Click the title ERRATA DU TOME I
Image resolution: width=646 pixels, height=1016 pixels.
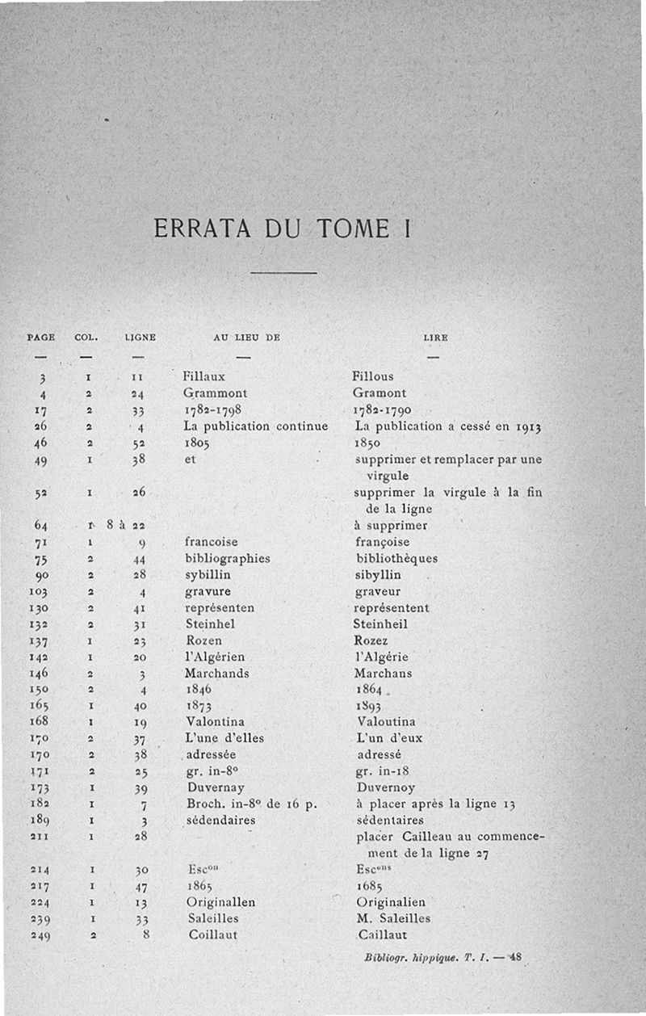point(282,228)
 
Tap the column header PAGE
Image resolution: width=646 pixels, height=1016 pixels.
point(41,337)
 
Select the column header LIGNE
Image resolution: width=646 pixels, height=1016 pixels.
point(140,337)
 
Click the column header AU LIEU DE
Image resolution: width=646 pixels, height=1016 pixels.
point(246,337)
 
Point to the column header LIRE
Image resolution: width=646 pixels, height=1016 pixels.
point(435,337)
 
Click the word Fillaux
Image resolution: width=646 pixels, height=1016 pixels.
point(203,376)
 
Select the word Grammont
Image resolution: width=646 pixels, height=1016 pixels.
point(215,393)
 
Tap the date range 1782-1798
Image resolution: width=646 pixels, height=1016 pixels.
point(213,409)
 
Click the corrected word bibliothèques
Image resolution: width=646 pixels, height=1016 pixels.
point(397,558)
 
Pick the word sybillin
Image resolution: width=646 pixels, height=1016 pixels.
point(208,575)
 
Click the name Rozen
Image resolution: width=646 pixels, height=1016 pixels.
point(203,640)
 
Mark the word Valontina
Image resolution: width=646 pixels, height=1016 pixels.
point(215,722)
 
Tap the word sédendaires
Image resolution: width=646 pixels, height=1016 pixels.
point(220,820)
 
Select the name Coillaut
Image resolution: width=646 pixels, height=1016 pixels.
point(212,935)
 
